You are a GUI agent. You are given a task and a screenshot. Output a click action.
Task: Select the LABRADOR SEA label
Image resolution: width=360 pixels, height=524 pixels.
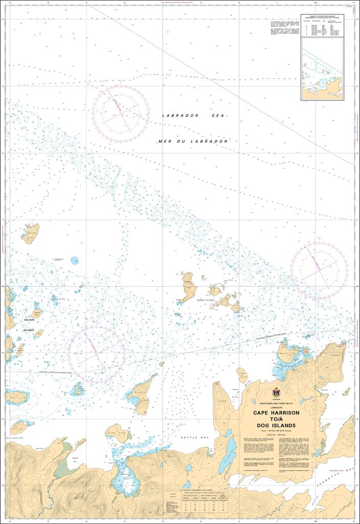194,116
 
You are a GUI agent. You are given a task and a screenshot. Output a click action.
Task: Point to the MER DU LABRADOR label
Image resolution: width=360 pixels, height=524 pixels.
193,141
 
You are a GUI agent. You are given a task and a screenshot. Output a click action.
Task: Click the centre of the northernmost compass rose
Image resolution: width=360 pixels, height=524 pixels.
121,112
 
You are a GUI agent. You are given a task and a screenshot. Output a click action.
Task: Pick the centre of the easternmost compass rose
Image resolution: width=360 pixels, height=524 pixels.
319,270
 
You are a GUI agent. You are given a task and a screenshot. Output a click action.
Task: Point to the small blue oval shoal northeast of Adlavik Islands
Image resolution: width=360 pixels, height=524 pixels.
75,260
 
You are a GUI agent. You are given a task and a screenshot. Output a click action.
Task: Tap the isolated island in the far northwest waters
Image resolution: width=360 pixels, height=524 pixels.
30,233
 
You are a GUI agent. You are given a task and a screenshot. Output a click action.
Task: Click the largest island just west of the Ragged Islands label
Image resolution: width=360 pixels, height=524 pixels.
188,287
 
